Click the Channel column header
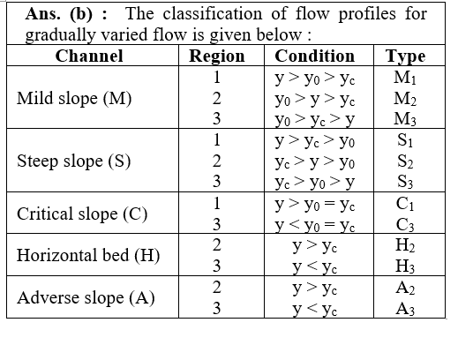tap(89, 56)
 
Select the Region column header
tap(216, 56)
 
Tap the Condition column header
tap(315, 56)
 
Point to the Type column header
tap(405, 56)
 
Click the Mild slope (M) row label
tap(74, 98)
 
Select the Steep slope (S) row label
tap(74, 161)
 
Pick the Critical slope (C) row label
tap(82, 214)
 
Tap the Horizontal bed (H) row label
tap(88, 255)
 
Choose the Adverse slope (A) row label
tap(86, 298)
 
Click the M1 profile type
tap(405, 78)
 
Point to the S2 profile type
tap(405, 161)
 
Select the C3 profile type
tap(405, 225)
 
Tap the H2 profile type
tap(405, 245)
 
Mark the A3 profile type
tap(405, 309)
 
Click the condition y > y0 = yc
tap(315, 206)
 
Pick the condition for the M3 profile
tap(315, 120)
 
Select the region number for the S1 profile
tap(216, 140)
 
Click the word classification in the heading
tap(213, 14)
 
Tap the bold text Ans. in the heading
tap(43, 14)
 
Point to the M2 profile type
tap(405, 99)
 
